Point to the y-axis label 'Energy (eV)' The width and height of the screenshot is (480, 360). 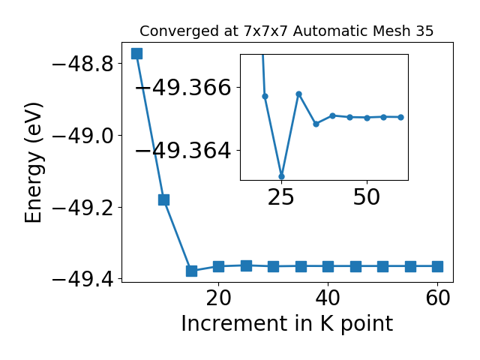pos(34,163)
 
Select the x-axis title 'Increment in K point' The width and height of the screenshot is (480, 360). pos(286,324)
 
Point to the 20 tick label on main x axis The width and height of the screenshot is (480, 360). pos(218,298)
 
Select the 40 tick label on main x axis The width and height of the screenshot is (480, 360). pos(328,298)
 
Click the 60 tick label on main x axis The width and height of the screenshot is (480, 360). pos(438,298)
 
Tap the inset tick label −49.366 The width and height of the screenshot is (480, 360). pos(183,88)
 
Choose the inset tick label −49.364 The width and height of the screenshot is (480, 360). pos(183,151)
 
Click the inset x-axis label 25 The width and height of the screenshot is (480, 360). pos(281,197)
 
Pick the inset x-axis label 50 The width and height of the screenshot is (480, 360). pos(367,197)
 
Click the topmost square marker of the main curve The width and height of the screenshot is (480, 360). pos(136,53)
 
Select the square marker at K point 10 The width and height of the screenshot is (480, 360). pos(163,199)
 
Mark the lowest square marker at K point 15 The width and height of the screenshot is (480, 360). pos(191,271)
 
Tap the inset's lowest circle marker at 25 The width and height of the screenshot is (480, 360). pos(282,177)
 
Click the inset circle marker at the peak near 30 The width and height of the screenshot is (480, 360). pos(298,94)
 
